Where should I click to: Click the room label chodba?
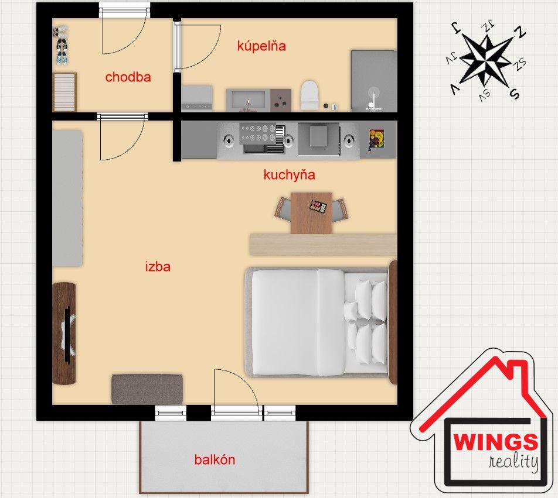coord(128,77)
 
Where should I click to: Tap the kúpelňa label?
coord(261,46)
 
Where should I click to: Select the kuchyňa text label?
coord(290,175)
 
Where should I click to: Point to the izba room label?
coord(158,266)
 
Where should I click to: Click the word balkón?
coord(215,459)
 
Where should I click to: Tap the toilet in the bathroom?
coord(309,95)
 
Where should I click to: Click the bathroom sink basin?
coord(248,98)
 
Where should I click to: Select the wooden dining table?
coord(311,213)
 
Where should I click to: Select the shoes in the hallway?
coord(61,45)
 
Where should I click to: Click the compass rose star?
coord(485,60)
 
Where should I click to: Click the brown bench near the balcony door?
coord(147,389)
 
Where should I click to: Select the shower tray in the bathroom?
coord(374,81)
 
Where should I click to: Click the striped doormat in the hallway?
coord(64,92)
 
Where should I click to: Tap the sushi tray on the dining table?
coord(318,206)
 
